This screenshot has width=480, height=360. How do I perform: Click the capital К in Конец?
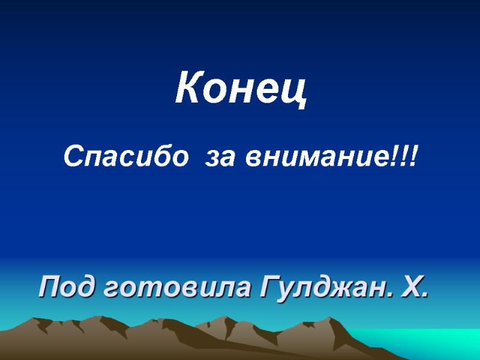coord(187,89)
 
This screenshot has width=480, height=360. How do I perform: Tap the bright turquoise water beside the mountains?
coord(432,342)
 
